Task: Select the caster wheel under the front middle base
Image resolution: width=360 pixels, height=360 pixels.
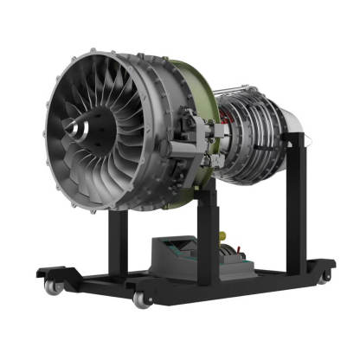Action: pos(139,299)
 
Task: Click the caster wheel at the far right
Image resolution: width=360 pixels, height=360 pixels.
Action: pos(325,274)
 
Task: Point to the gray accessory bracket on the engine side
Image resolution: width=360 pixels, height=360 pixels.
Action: pos(196,138)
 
